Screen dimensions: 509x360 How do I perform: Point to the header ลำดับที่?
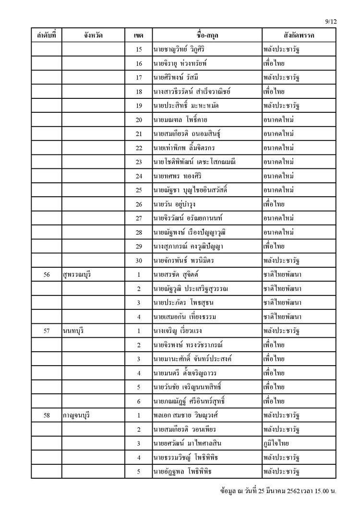pos(47,36)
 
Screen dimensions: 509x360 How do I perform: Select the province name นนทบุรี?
pos(73,331)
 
